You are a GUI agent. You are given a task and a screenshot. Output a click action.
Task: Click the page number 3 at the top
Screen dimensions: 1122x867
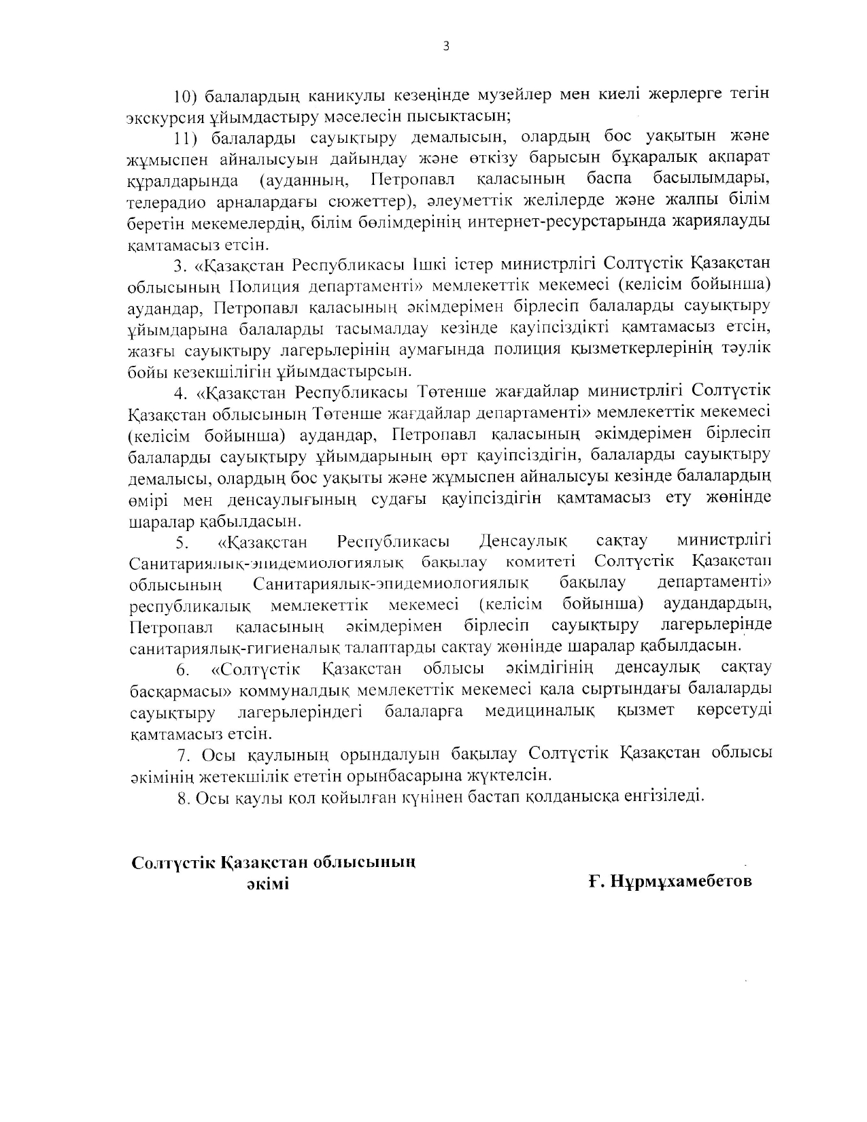pos(446,46)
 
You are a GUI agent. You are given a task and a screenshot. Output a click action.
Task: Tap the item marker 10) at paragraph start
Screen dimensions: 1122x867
pos(186,95)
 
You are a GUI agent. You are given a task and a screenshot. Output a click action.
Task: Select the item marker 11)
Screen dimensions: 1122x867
pos(186,137)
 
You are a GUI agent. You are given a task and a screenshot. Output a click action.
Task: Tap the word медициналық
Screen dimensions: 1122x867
pos(540,711)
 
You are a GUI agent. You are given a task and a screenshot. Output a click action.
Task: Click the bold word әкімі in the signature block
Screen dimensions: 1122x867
pos(267,885)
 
